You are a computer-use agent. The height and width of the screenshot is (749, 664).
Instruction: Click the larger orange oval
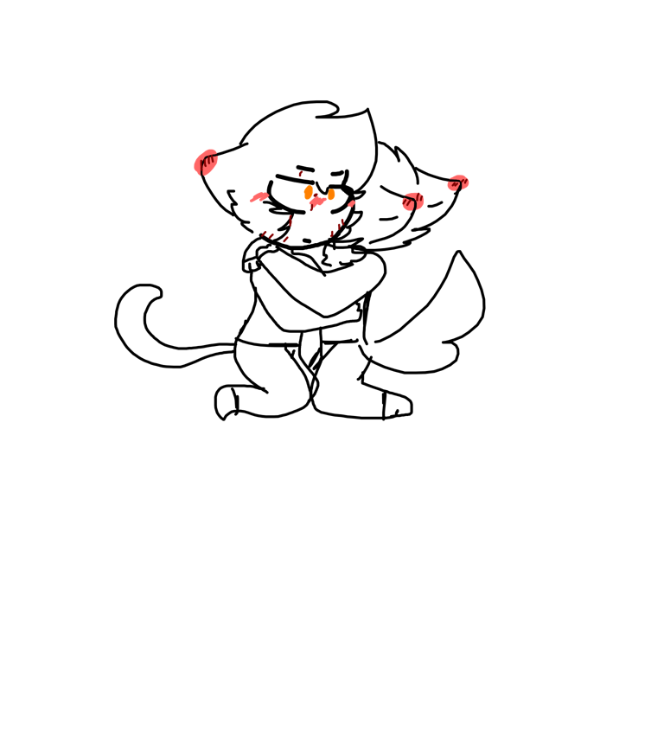tap(308, 192)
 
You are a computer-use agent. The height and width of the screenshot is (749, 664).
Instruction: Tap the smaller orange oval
tap(331, 195)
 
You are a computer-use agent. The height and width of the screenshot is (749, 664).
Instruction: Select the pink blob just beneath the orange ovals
tap(317, 201)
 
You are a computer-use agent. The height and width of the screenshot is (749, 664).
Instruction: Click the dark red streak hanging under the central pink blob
tap(312, 208)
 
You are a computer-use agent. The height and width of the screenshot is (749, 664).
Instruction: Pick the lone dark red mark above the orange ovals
tap(300, 173)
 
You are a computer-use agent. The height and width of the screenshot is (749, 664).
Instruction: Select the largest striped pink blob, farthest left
tap(205, 163)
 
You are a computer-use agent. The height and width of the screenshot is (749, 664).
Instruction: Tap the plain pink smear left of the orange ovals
tap(259, 197)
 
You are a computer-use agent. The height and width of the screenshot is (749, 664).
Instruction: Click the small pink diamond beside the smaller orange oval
tap(352, 204)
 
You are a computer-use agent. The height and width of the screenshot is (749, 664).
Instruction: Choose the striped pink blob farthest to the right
tap(458, 182)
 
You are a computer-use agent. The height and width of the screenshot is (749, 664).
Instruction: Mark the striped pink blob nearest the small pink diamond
tap(412, 202)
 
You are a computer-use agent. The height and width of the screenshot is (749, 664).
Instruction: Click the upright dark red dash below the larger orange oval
tap(290, 221)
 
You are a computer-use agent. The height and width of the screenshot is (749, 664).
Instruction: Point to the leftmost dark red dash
tap(264, 234)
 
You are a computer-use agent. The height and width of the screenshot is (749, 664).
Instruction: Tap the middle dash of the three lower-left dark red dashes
tap(271, 235)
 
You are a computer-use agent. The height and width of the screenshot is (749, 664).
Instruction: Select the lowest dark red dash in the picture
tap(285, 240)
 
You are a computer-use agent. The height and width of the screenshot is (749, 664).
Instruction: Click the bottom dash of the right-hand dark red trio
tap(331, 234)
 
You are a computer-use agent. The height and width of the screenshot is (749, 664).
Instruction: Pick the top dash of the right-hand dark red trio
tap(342, 221)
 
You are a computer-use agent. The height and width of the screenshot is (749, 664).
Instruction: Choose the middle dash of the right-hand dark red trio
tap(338, 227)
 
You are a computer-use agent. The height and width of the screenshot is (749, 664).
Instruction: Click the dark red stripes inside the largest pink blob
tap(207, 160)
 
